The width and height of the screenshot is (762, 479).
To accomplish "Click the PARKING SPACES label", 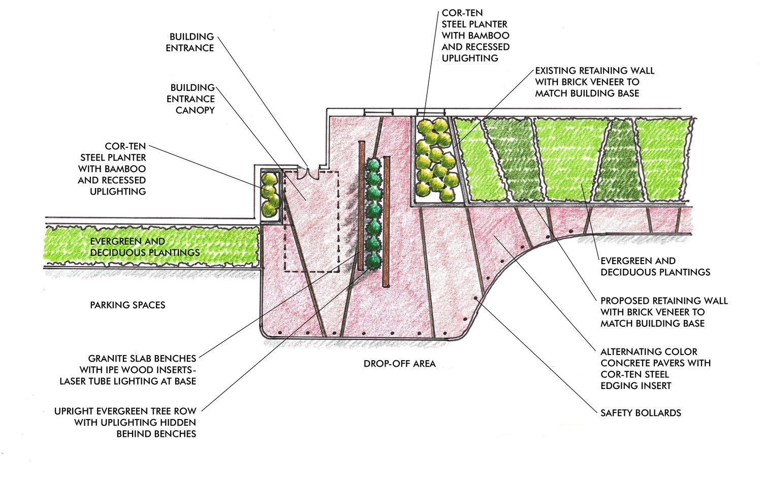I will coord(128,305).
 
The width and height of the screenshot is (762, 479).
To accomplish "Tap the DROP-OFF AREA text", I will coord(399,364).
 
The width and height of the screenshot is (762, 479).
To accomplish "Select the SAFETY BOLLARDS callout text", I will coord(641,412).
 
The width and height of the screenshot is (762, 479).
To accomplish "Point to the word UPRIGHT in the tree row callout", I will coord(75,411).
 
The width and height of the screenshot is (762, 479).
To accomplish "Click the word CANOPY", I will coord(195,110).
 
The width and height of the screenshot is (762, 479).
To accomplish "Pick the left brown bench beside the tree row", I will coord(362,206).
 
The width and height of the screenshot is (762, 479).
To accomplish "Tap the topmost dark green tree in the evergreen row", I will coord(374,166).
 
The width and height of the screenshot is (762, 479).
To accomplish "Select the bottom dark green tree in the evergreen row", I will coord(374,261).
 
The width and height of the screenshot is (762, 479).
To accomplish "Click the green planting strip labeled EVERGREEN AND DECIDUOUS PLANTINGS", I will coord(152,247).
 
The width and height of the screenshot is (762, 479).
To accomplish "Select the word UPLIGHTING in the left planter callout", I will coord(118,191).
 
